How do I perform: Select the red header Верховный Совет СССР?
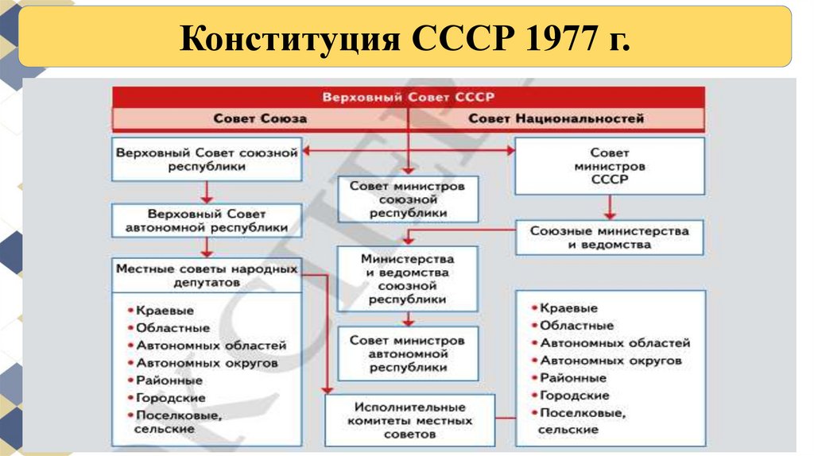tap(408, 96)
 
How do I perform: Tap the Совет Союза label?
tap(259, 118)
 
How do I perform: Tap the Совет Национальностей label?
tap(556, 118)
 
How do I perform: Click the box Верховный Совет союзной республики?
tap(207, 159)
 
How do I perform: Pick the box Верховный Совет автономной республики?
tap(207, 221)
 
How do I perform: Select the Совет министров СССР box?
tap(610, 165)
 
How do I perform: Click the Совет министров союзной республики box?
tap(408, 199)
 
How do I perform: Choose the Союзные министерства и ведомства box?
tap(610, 238)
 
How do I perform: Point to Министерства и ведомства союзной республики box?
tap(408, 279)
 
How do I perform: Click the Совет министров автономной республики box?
tap(408, 354)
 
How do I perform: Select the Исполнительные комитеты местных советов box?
tap(409, 420)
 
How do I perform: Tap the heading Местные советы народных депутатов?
tap(207, 275)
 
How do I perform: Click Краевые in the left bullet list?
tap(165, 311)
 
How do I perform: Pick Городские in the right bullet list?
tap(574, 395)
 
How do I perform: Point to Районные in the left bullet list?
tap(169, 381)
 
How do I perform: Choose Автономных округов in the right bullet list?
tap(610, 360)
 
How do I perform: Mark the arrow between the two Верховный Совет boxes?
tap(207, 191)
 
